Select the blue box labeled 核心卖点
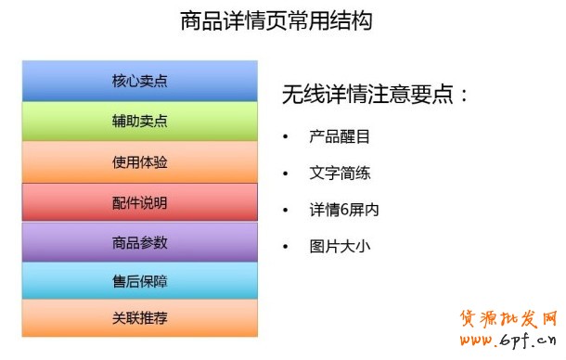click(139, 81)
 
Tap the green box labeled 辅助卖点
click(139, 122)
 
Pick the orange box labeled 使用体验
click(139, 162)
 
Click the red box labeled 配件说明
click(139, 202)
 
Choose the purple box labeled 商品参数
click(139, 242)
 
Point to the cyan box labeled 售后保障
click(139, 281)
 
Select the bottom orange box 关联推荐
click(139, 318)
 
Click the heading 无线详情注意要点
click(375, 95)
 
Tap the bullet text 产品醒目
click(340, 137)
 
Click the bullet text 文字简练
click(340, 174)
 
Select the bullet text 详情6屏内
click(343, 211)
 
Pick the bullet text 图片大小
click(340, 248)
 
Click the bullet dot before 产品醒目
click(286, 137)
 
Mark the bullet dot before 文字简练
click(286, 174)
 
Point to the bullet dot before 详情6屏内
click(286, 211)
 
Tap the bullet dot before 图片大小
click(286, 248)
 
